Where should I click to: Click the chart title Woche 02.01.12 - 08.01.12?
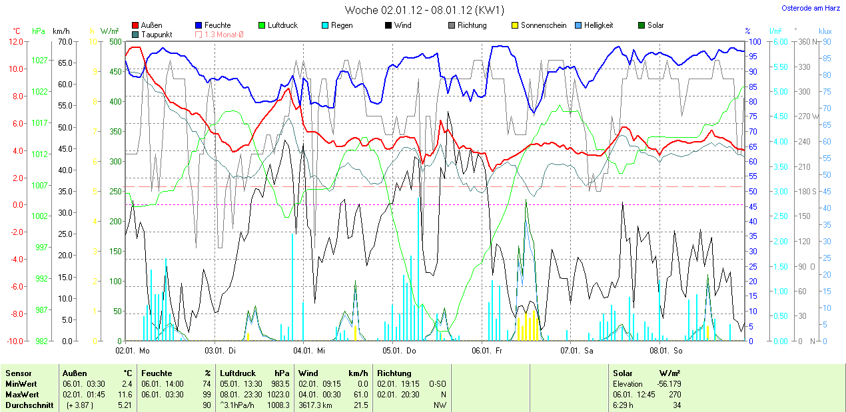[424, 10]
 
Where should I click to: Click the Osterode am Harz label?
[810, 8]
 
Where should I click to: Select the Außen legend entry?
[151, 25]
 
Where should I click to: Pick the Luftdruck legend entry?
[282, 25]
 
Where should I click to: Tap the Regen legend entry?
[342, 25]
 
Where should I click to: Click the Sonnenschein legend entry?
[544, 25]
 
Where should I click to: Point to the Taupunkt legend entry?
[157, 34]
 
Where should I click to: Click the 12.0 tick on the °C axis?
[15, 41]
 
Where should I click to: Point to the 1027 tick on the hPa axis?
[39, 60]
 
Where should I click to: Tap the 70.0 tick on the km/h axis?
[65, 41]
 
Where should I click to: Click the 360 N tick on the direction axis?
[807, 41]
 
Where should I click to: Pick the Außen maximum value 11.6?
[125, 394]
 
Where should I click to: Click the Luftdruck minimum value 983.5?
[281, 384]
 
